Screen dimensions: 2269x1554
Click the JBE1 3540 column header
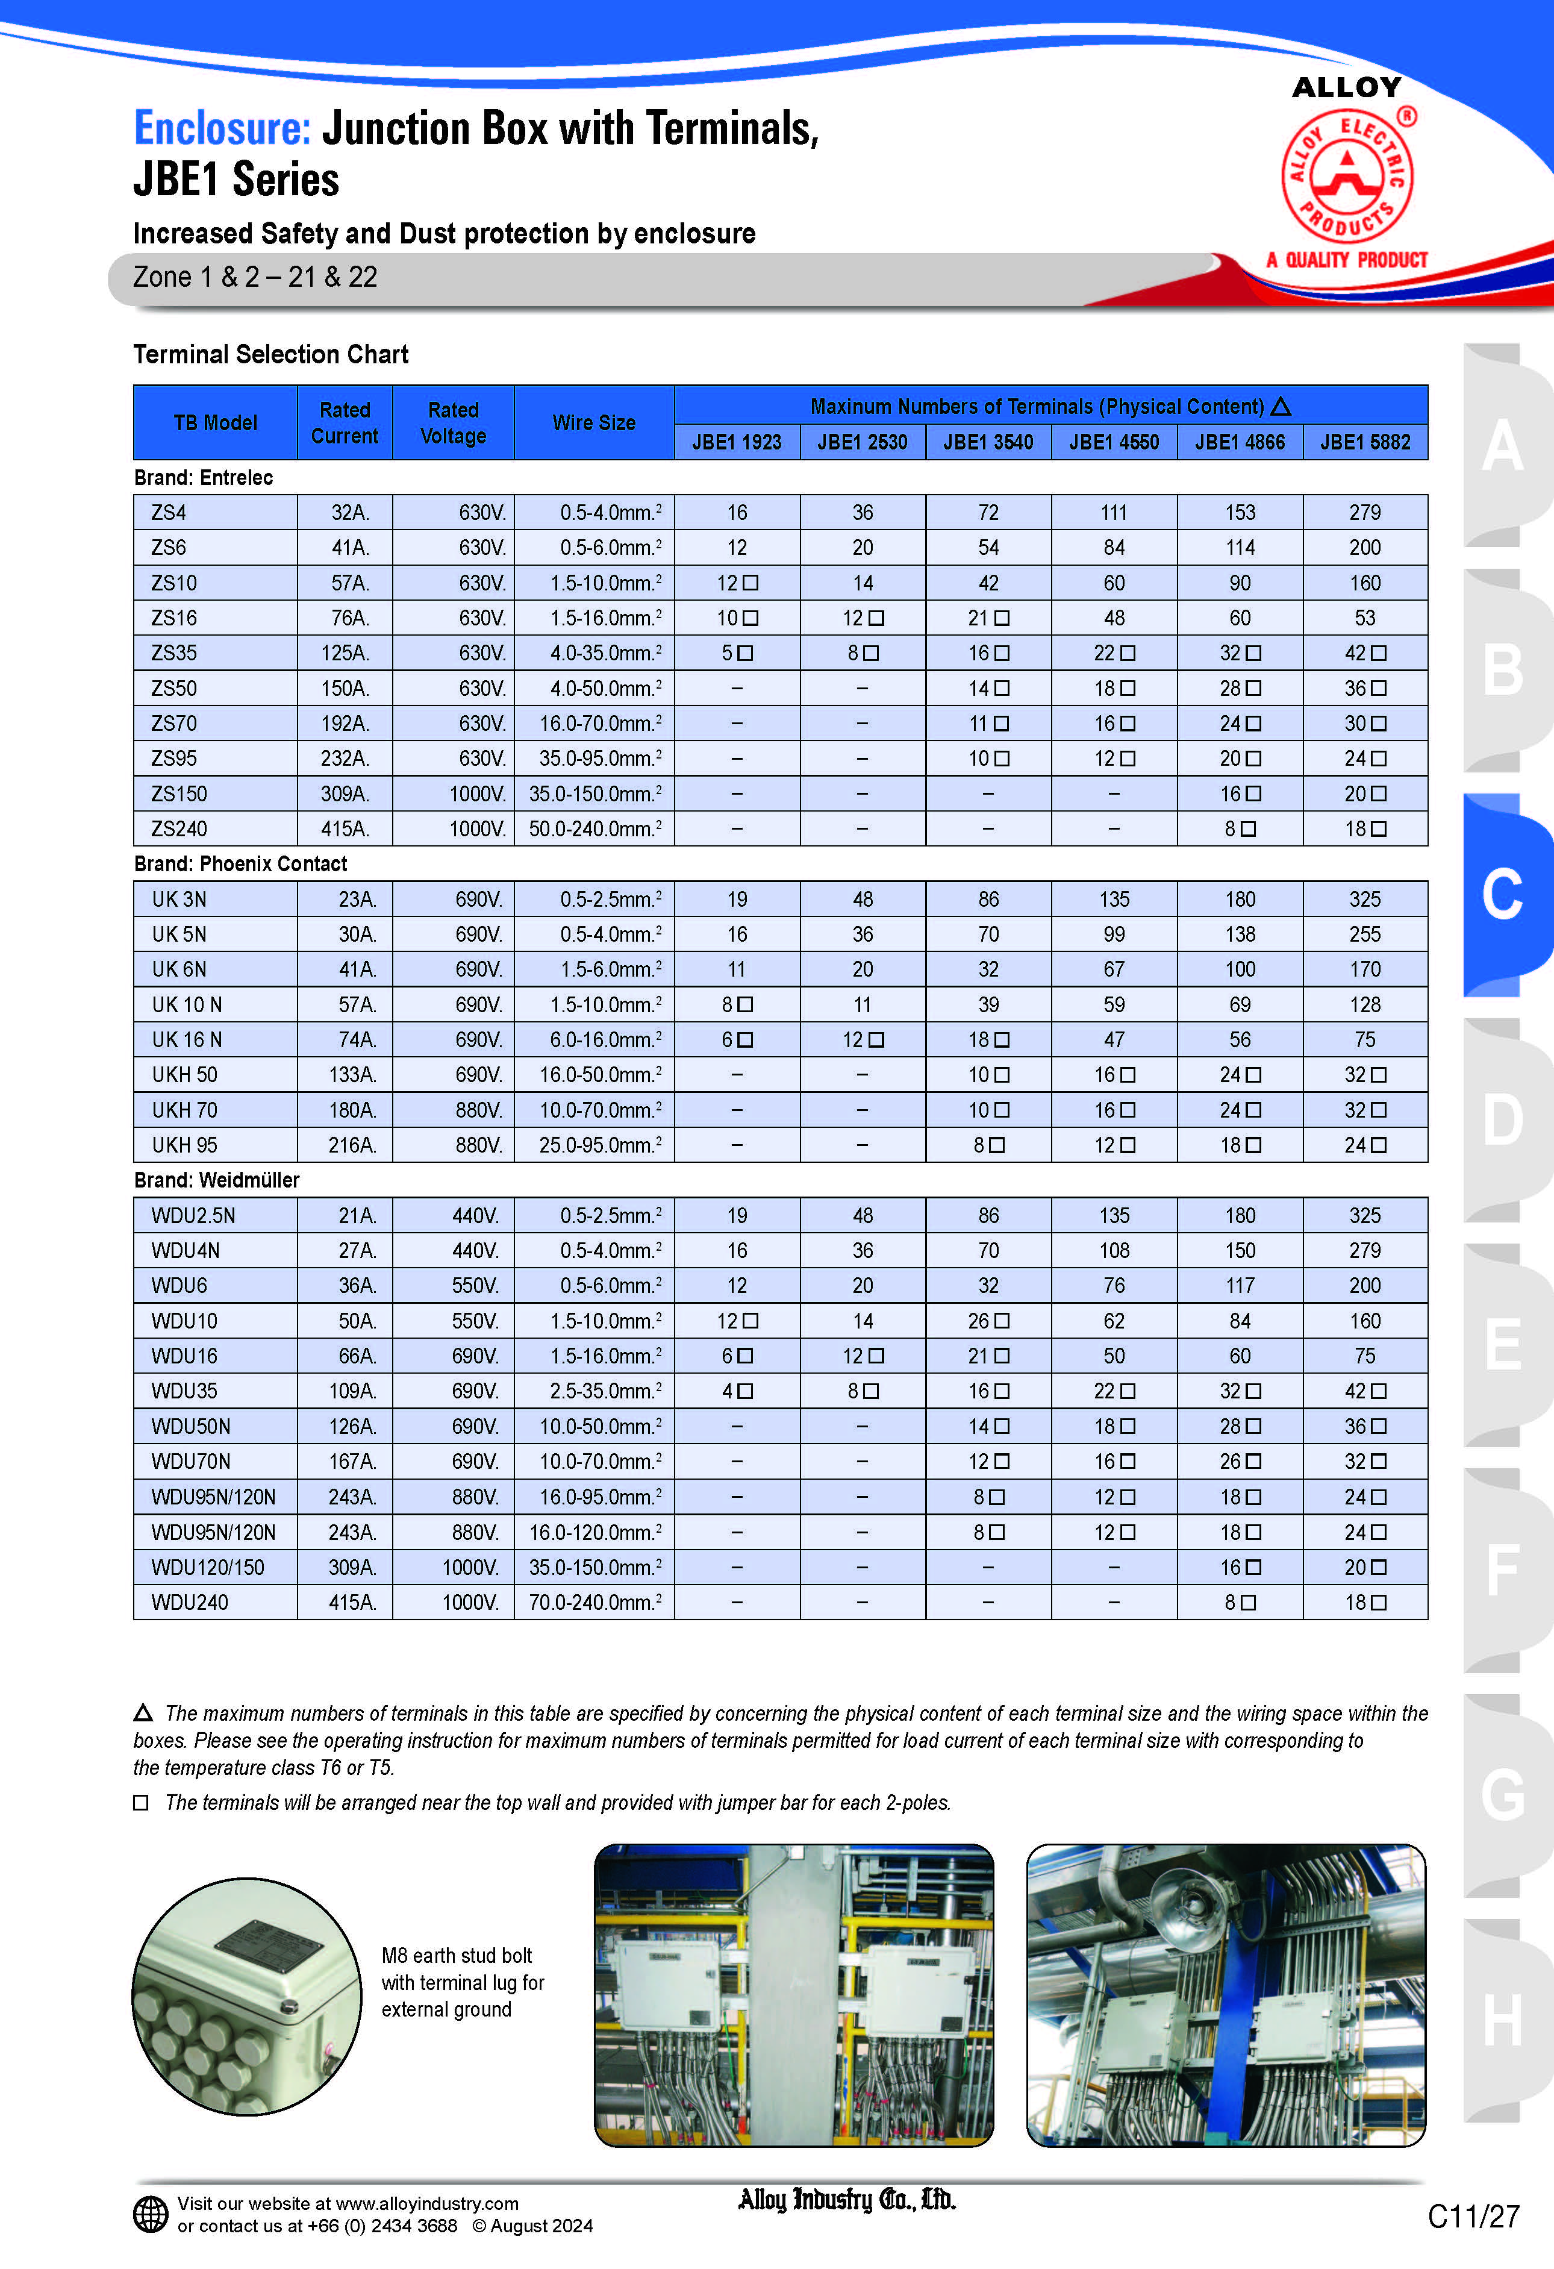pos(988,442)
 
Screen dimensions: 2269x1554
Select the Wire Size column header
pos(593,423)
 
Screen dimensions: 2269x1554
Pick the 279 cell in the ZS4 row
pos(1365,513)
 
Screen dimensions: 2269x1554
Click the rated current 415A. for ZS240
pos(345,829)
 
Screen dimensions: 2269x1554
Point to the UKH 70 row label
pos(184,1110)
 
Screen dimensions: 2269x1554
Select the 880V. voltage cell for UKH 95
pos(478,1145)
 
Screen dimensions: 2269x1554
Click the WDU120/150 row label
pos(208,1567)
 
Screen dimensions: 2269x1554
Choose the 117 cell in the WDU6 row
pos(1240,1286)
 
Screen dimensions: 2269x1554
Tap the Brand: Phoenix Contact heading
pos(240,864)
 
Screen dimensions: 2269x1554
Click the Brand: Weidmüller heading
pos(217,1180)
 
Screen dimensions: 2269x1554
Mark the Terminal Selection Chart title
pos(270,354)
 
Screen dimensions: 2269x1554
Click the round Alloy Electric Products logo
pos(1347,176)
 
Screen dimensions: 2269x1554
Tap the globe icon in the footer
pos(151,2214)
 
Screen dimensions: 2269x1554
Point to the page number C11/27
pos(1473,2216)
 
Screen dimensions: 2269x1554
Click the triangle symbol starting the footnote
pos(143,1712)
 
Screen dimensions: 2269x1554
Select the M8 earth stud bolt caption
pos(462,1982)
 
